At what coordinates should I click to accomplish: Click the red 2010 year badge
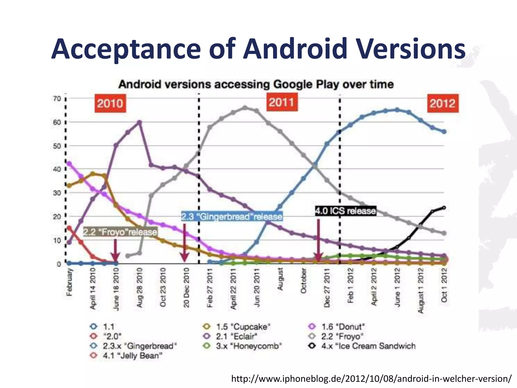point(110,103)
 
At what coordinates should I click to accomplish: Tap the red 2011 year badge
point(282,102)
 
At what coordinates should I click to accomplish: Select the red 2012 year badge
point(443,103)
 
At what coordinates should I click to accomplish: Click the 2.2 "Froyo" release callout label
point(120,232)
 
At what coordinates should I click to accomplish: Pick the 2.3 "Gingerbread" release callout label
point(232,216)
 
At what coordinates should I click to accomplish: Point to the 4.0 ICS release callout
point(346,211)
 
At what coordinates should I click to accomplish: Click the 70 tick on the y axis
point(57,99)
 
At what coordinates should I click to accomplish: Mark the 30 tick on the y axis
point(57,193)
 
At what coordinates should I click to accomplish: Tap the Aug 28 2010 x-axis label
point(140,288)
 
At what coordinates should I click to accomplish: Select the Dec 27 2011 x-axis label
point(327,288)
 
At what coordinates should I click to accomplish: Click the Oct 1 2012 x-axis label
point(444,285)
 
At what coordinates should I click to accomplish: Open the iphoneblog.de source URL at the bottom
point(371,378)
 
